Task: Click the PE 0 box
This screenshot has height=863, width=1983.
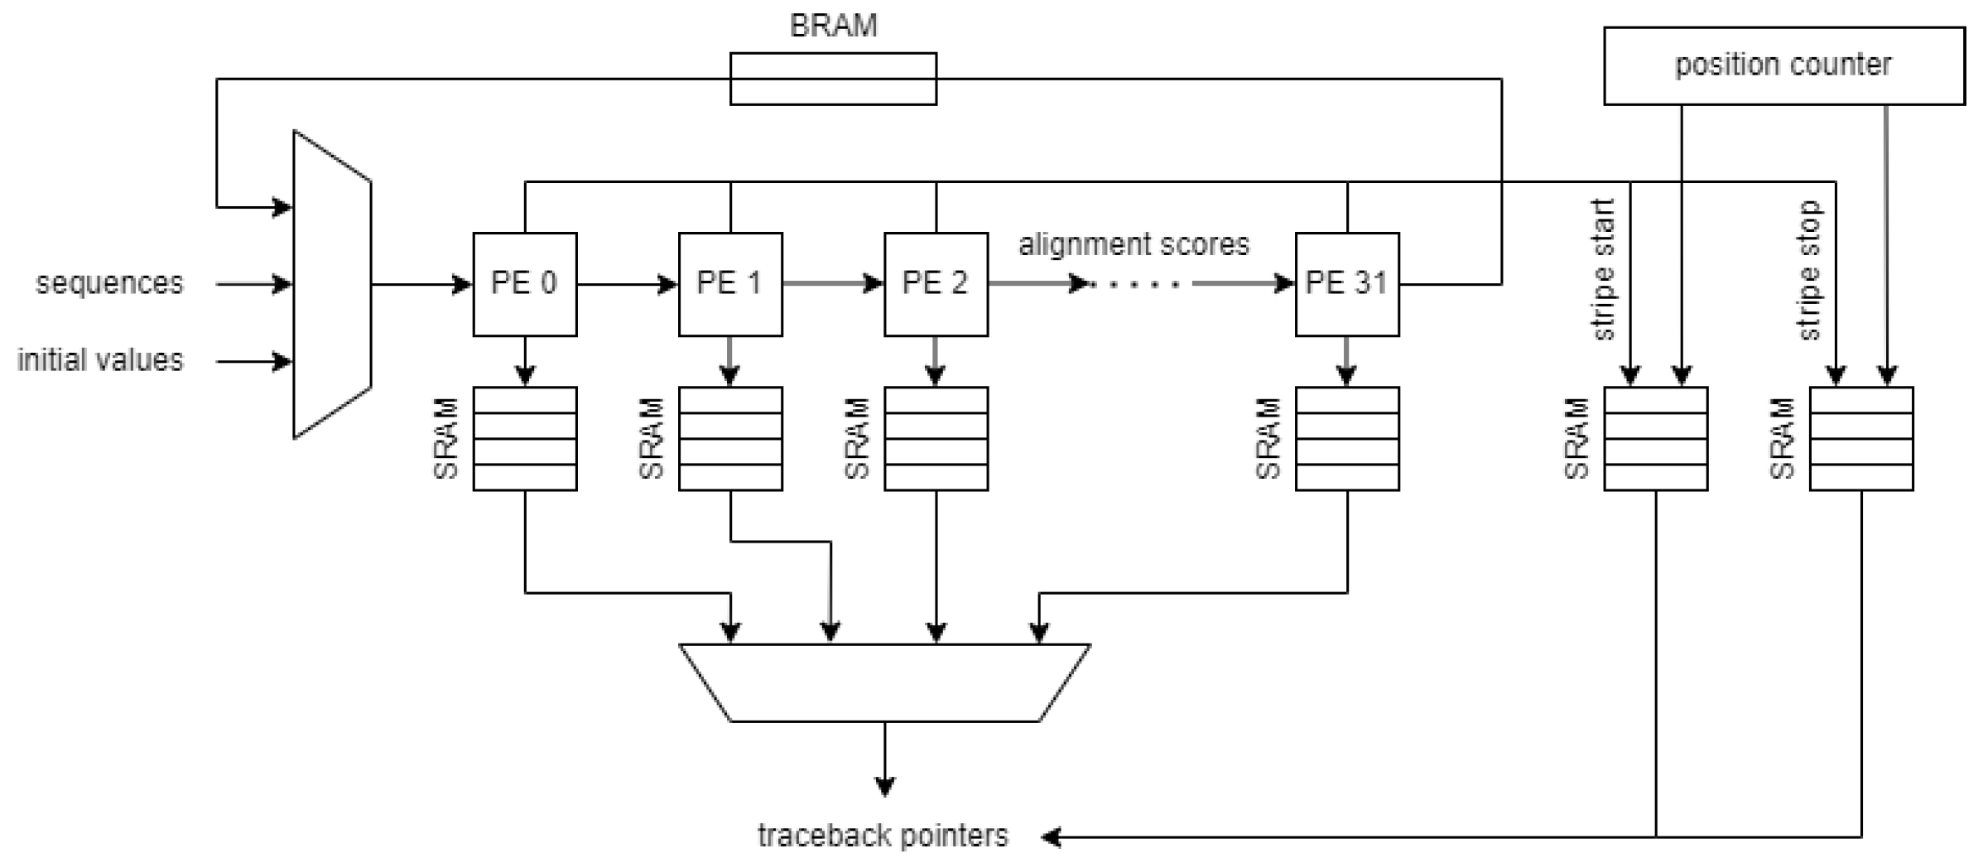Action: pyautogui.click(x=524, y=284)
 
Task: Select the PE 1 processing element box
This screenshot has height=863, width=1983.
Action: pyautogui.click(x=729, y=284)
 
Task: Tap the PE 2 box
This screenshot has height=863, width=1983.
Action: pyautogui.click(x=936, y=284)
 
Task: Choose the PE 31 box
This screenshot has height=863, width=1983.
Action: pyautogui.click(x=1346, y=284)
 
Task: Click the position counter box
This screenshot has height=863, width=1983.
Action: pyautogui.click(x=1783, y=65)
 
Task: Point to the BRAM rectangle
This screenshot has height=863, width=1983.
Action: pyautogui.click(x=833, y=79)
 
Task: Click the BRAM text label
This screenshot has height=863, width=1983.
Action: pyautogui.click(x=833, y=26)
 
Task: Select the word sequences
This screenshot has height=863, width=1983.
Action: pyautogui.click(x=109, y=283)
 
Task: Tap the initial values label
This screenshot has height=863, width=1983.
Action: pyautogui.click(x=100, y=360)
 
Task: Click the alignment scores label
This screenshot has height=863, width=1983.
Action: pyautogui.click(x=1133, y=244)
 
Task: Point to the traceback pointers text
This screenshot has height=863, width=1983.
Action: pyautogui.click(x=883, y=836)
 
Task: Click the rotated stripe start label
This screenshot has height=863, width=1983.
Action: pyautogui.click(x=1604, y=269)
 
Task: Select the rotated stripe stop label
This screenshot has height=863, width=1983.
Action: pyautogui.click(x=1809, y=269)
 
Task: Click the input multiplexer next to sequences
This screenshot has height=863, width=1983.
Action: pyautogui.click(x=332, y=284)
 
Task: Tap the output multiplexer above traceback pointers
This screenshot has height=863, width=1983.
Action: pyautogui.click(x=884, y=682)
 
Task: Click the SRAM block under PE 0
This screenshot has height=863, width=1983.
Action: pyautogui.click(x=524, y=438)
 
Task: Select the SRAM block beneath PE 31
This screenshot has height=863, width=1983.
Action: pyautogui.click(x=1346, y=438)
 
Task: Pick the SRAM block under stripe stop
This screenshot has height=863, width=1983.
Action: pyautogui.click(x=1860, y=438)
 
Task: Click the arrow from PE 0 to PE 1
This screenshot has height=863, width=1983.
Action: pyautogui.click(x=627, y=284)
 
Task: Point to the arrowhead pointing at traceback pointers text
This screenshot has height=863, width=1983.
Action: pyautogui.click(x=1052, y=836)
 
